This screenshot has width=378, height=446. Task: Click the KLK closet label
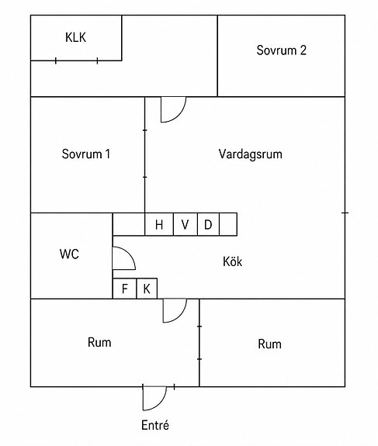75,37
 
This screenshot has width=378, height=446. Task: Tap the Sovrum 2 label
281,50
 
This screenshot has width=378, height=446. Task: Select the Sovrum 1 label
86,154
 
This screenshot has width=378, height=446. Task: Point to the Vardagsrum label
251,154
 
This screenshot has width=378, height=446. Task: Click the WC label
69,254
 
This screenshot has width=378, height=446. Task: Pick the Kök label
232,261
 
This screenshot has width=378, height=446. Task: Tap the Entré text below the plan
155,425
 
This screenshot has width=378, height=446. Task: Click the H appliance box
159,224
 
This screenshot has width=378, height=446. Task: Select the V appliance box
185,224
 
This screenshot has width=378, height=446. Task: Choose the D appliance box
208,224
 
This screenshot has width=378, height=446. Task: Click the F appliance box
125,289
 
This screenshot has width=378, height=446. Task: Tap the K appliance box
147,289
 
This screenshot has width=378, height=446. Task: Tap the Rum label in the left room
99,342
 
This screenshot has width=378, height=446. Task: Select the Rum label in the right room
269,344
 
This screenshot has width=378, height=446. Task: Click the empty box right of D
228,224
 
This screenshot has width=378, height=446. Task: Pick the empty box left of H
129,224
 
